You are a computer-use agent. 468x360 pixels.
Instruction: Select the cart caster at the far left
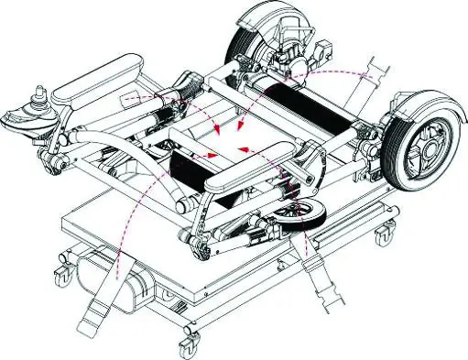[61, 271]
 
